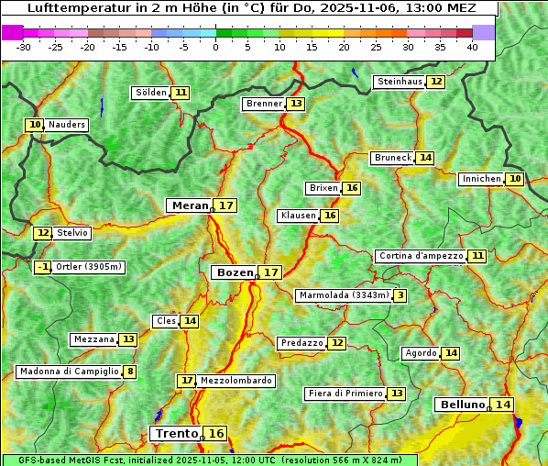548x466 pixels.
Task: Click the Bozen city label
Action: [234, 272]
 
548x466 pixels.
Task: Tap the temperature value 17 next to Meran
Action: [225, 205]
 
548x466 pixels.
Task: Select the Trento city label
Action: [176, 433]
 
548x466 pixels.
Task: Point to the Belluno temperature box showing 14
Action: [502, 405]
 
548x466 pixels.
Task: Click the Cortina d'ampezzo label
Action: [420, 256]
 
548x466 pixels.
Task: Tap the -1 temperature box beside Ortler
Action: [42, 267]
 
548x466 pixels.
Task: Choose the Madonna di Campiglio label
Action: [69, 372]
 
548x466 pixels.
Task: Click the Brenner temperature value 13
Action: [295, 104]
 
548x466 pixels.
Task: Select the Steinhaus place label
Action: [399, 82]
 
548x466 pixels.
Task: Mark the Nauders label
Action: [66, 125]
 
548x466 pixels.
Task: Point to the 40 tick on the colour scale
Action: [472, 46]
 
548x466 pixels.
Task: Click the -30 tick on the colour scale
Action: [24, 46]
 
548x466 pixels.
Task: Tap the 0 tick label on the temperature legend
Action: [215, 46]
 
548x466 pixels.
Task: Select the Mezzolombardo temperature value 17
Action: [187, 380]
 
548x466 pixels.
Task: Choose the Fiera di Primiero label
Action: [345, 394]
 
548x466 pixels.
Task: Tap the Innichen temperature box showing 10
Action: [515, 179]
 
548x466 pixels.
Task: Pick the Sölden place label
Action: [151, 93]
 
